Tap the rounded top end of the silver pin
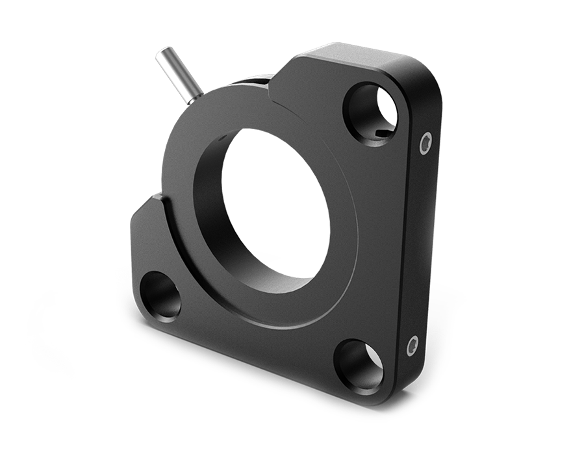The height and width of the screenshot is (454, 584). pyautogui.click(x=161, y=55)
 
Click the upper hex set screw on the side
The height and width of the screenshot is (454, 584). pyautogui.click(x=426, y=141)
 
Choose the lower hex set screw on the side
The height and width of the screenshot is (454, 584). pyautogui.click(x=412, y=346)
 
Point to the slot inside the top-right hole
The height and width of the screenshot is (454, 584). pyautogui.click(x=383, y=133)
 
